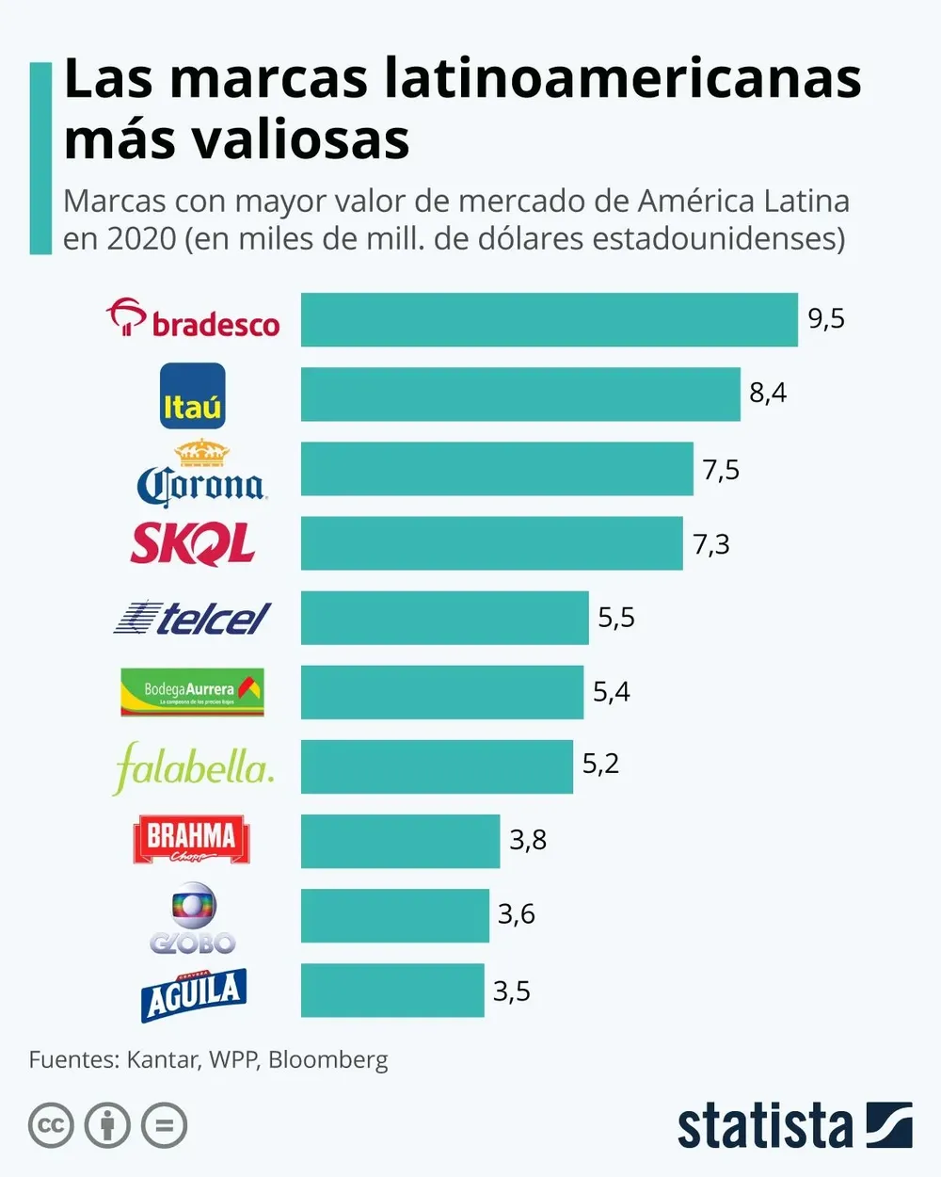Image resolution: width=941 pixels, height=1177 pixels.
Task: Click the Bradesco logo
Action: pos(193,319)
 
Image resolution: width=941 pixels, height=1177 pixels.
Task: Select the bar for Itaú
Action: pos(520,395)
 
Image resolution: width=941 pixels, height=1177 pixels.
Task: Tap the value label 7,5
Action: pos(721,469)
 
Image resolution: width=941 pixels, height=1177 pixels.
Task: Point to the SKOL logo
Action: pos(193,543)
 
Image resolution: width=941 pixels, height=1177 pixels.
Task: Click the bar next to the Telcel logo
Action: pos(444,618)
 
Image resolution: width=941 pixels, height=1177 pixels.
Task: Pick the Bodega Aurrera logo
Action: pos(192,692)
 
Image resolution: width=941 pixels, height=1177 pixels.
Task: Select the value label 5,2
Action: pos(600,764)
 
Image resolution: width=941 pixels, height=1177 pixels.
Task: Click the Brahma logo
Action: pos(192,840)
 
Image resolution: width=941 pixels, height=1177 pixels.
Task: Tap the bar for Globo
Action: pos(395,915)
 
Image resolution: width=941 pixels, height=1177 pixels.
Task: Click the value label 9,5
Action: pos(826,319)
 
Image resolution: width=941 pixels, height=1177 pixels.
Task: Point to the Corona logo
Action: pos(200,475)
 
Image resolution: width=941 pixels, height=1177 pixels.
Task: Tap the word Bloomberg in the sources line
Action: pos(327,1060)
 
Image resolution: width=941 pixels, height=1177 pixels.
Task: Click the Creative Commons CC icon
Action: pos(51,1125)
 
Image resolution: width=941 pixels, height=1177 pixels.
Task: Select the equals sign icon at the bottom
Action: pos(164,1125)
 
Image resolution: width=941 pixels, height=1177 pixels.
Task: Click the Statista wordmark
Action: pos(764,1125)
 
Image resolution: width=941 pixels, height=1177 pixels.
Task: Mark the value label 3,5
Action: pos(512,991)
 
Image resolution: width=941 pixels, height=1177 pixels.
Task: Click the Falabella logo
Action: pos(193,766)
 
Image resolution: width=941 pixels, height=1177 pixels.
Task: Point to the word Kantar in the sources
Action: pos(162,1060)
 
